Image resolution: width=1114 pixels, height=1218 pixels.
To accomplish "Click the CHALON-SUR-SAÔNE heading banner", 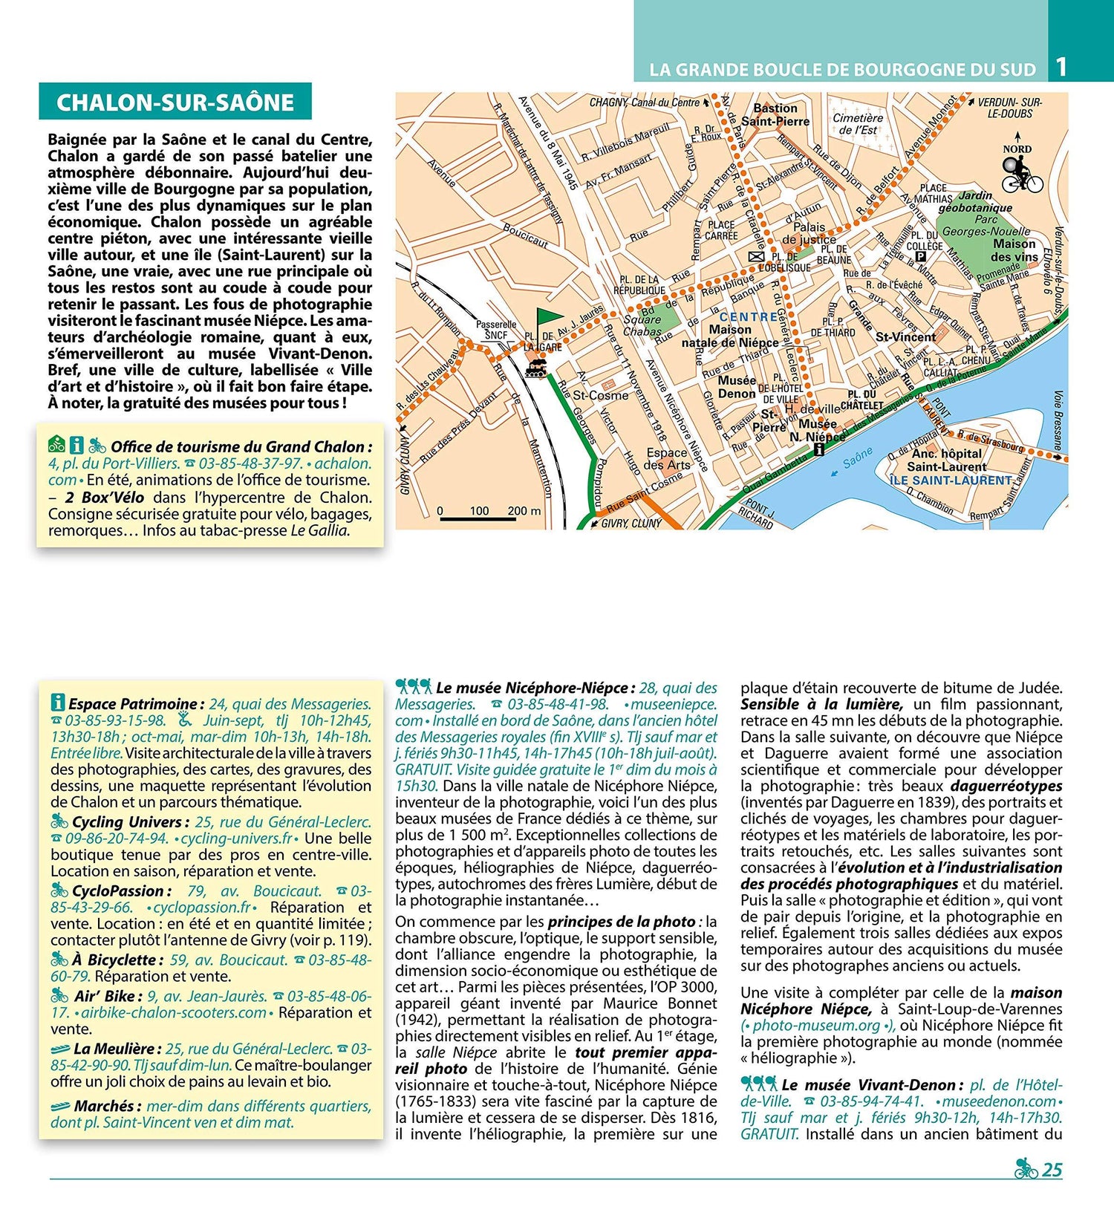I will [175, 102].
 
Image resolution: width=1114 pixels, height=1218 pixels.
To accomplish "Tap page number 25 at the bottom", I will [1052, 1170].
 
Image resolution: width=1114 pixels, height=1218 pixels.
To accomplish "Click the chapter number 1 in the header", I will [1061, 67].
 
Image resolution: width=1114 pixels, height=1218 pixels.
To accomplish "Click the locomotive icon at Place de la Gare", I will [536, 366].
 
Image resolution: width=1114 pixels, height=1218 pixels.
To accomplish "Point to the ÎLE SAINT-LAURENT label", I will [950, 481].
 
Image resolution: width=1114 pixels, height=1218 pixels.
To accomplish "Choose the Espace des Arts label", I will [667, 458].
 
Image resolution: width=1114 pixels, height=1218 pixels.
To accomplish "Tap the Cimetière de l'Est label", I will [858, 123].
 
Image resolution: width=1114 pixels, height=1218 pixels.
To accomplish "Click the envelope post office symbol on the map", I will [755, 256].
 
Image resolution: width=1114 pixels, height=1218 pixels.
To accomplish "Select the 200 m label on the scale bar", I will [524, 510].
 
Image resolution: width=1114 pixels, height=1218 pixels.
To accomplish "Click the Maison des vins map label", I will [1014, 250].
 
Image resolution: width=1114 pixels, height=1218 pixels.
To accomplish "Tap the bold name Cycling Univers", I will [126, 822].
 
